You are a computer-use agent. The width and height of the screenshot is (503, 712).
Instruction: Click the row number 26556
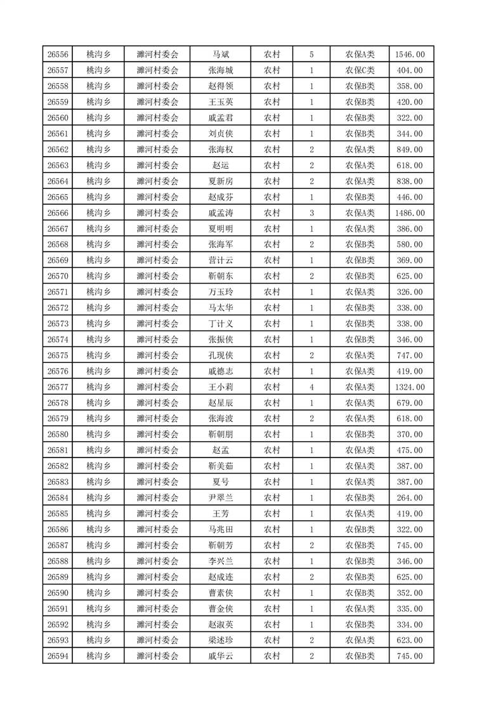(x=58, y=55)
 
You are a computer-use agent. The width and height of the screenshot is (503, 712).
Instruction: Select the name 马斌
(x=220, y=55)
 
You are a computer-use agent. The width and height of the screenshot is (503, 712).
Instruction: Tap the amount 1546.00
(x=411, y=55)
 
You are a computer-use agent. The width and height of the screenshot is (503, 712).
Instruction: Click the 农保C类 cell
(x=360, y=70)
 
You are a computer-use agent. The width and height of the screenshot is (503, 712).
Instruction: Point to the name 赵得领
(x=220, y=86)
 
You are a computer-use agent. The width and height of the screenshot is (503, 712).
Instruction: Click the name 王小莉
(x=220, y=387)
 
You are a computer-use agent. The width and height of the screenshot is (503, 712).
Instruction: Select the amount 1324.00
(x=411, y=387)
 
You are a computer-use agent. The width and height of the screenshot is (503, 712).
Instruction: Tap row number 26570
(x=58, y=276)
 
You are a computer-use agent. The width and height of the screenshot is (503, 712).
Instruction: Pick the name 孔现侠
(x=220, y=355)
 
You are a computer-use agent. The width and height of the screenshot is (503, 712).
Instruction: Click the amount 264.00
(x=411, y=498)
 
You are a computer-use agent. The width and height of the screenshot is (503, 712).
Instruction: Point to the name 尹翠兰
(x=220, y=498)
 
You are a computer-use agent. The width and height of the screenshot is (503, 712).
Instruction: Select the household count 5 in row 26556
(x=311, y=55)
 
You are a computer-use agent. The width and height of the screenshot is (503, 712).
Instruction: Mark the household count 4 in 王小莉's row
(x=311, y=387)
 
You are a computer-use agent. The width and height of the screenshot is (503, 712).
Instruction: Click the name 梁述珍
(x=220, y=640)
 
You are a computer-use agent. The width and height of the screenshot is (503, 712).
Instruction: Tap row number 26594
(x=58, y=656)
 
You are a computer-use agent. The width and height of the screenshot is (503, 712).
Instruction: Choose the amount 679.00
(x=411, y=403)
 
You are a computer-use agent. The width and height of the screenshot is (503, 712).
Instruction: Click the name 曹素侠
(x=220, y=593)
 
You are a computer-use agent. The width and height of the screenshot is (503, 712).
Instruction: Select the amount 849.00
(x=411, y=150)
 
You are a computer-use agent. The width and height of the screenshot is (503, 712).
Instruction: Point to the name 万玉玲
(x=220, y=292)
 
